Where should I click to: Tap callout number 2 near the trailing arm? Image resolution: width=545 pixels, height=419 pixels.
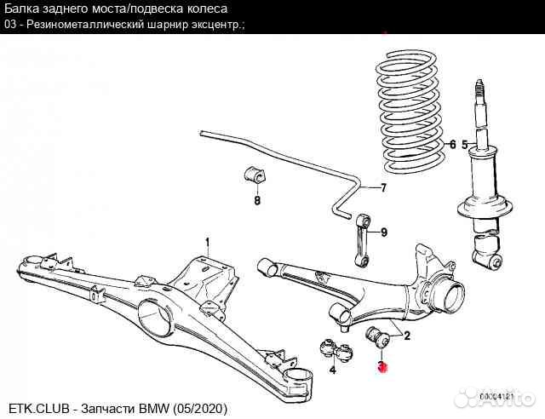pyautogui.click(x=407, y=336)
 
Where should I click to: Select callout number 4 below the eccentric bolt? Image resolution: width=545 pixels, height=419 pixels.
pyautogui.click(x=333, y=370)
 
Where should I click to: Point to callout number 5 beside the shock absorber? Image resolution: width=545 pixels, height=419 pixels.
pyautogui.click(x=465, y=144)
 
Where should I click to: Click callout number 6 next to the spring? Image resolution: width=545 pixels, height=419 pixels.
pyautogui.click(x=452, y=144)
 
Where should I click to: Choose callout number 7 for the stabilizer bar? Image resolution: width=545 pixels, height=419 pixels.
pyautogui.click(x=383, y=188)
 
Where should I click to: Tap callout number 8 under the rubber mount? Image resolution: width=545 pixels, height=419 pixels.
pyautogui.click(x=256, y=201)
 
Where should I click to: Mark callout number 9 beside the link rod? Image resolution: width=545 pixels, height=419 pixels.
pyautogui.click(x=383, y=232)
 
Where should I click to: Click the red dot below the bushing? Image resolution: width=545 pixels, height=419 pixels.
pyautogui.click(x=383, y=367)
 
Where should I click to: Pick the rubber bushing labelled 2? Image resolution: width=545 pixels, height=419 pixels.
pyautogui.click(x=377, y=336)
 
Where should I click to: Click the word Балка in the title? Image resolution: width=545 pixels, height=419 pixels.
pyautogui.click(x=26, y=9)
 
